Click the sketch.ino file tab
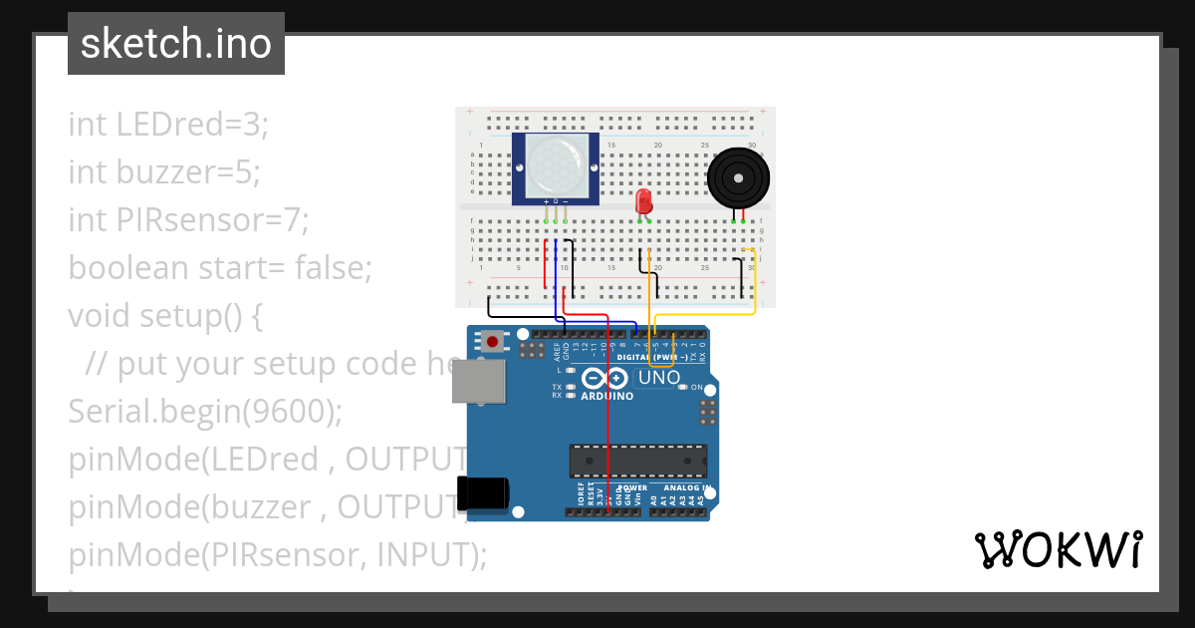(x=176, y=44)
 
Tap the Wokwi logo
(x=1058, y=550)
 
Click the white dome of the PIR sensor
(x=556, y=165)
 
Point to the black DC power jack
(x=482, y=491)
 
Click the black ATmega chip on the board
(x=637, y=461)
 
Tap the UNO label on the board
(x=658, y=378)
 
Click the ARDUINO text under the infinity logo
(x=605, y=396)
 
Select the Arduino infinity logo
(x=604, y=378)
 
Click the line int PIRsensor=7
(x=188, y=220)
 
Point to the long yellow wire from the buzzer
(x=754, y=289)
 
